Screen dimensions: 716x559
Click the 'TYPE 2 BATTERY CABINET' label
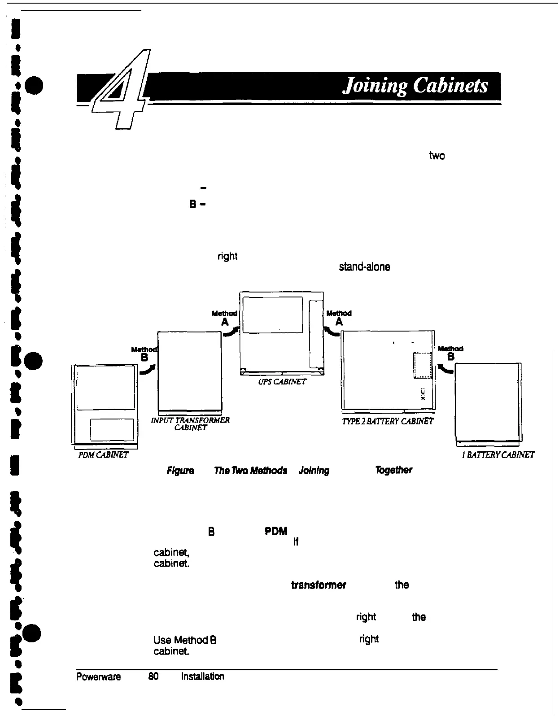pos(388,420)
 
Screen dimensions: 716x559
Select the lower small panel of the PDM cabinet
pos(112,430)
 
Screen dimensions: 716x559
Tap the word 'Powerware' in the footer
pos(99,676)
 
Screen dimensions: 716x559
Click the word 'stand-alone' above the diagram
pos(364,266)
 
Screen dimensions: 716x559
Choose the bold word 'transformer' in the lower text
pos(318,585)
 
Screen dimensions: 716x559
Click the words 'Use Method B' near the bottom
pos(185,640)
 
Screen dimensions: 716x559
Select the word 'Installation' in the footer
pos(202,676)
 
